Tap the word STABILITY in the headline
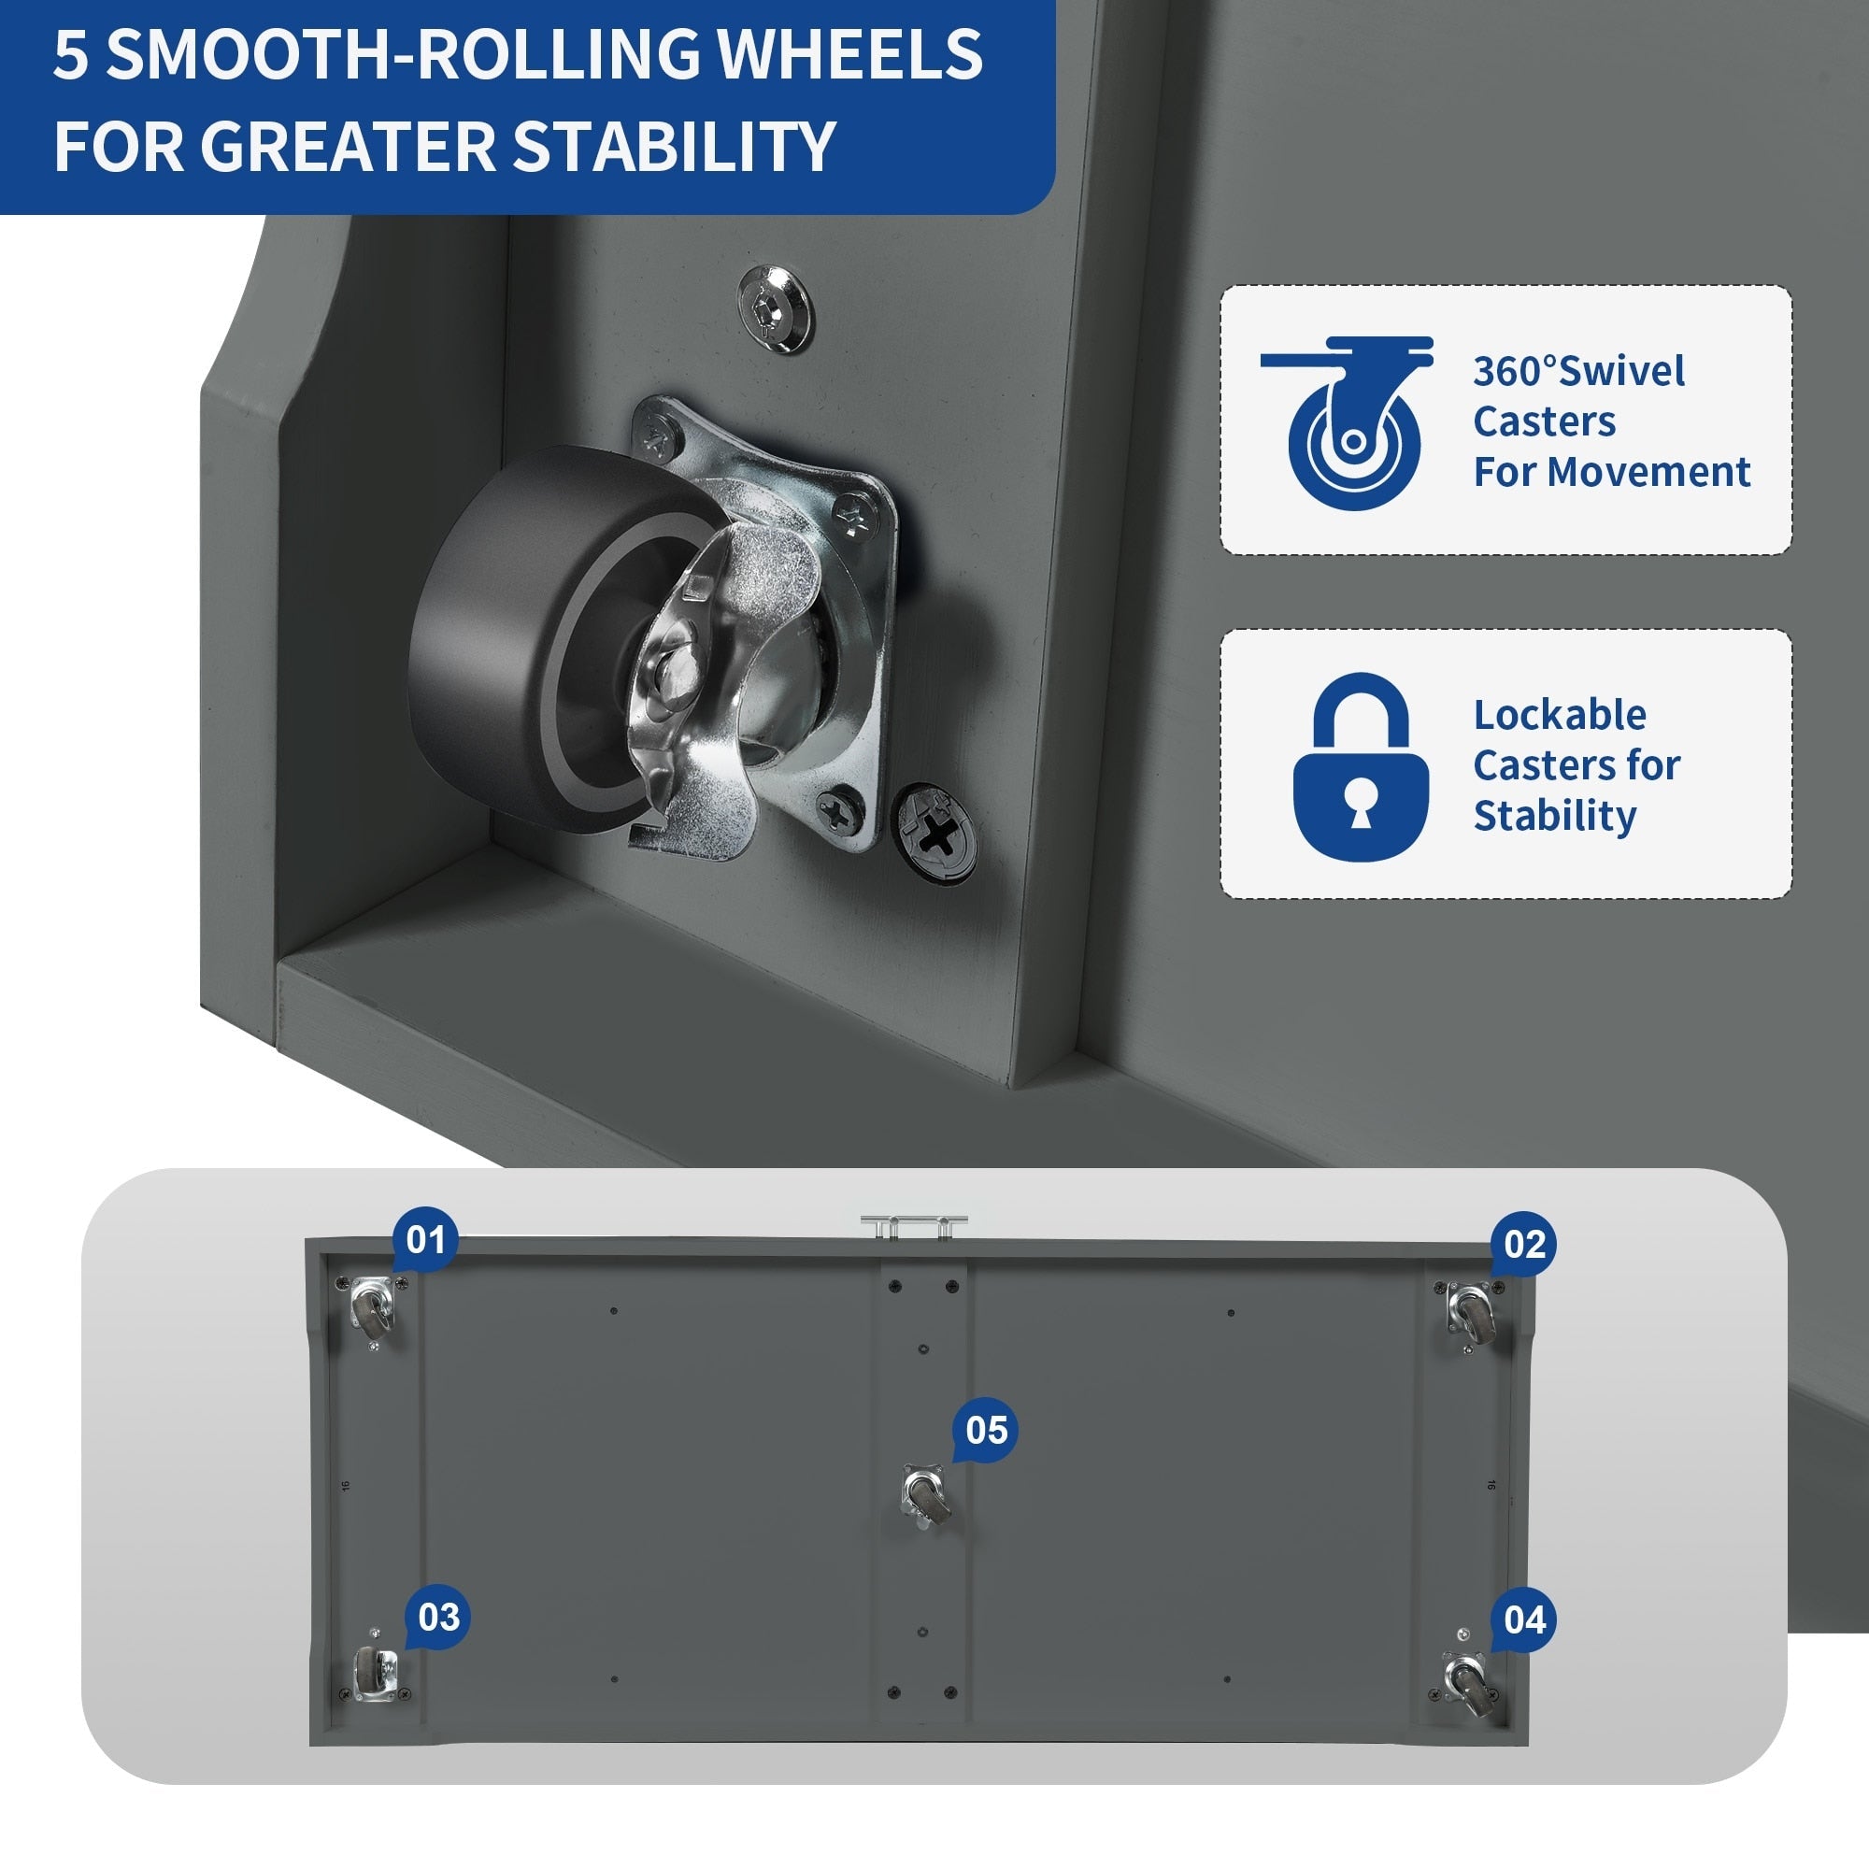673,146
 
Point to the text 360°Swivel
1577,370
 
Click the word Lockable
1560,715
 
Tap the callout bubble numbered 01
424,1240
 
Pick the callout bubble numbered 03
437,1617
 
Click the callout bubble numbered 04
1523,1619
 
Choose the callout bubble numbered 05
985,1430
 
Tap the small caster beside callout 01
373,1307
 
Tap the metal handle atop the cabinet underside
913,1226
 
